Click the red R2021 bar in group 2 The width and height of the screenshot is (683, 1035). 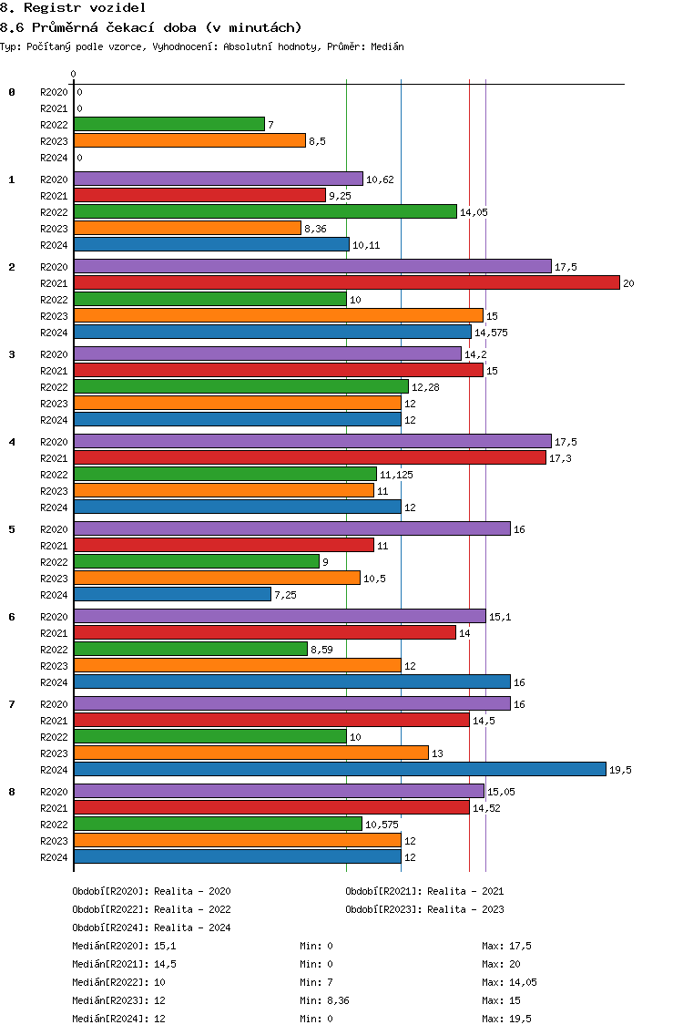pos(347,283)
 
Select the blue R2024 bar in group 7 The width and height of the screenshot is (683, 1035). pos(340,770)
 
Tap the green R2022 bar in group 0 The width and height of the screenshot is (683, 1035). pos(169,125)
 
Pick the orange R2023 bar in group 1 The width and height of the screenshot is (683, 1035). pos(188,229)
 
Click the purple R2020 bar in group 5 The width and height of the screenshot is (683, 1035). pos(292,529)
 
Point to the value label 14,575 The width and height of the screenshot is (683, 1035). pos(491,333)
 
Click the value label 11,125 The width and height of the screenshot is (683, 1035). pos(396,475)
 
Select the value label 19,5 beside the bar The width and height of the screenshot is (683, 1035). pos(620,770)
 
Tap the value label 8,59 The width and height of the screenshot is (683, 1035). pos(321,650)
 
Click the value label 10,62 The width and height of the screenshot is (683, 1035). pos(380,179)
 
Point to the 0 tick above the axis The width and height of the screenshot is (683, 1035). pos(73,74)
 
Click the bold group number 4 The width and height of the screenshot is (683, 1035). pos(12,442)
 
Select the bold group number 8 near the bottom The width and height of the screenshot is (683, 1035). pos(12,792)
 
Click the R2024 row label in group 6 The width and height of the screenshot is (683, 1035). pos(54,682)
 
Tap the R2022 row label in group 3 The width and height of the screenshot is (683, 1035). pos(54,387)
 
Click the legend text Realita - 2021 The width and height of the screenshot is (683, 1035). pos(465,891)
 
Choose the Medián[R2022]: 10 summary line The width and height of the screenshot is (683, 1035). pos(118,982)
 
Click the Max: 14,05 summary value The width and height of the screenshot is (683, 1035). pos(509,982)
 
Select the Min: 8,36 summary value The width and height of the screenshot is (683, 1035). pos(325,1000)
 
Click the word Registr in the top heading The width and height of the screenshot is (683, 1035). pos(52,8)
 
